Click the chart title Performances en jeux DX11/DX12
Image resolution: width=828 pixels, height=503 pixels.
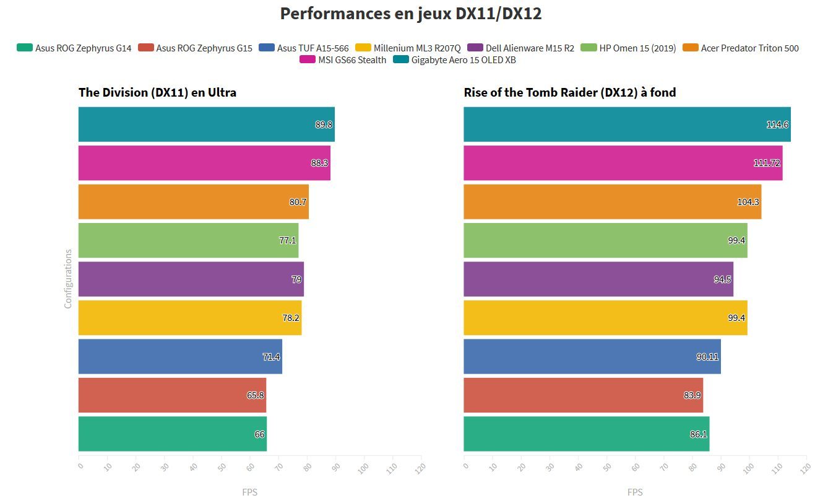410,14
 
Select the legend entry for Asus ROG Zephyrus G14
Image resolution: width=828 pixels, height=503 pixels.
75,48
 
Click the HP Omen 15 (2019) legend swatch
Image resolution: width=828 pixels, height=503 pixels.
589,48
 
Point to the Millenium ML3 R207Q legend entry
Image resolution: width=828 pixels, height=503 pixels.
408,48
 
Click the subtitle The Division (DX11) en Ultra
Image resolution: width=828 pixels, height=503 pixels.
157,92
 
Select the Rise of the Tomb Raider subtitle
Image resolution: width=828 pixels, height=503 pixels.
569,92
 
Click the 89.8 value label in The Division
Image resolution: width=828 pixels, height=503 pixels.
324,125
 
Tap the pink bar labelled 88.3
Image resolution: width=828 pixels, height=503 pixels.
204,163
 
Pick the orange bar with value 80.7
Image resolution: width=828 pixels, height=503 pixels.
193,201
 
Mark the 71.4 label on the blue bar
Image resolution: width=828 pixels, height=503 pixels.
272,357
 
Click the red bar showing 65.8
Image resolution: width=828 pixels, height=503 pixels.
172,395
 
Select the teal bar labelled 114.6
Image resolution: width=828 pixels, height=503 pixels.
626,125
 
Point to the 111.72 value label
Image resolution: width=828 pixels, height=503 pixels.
767,163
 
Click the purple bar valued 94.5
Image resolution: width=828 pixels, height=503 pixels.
598,279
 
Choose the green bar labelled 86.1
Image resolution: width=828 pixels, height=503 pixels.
586,434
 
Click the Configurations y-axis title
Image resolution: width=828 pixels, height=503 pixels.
68,279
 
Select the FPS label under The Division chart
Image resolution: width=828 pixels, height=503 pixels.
249,492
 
